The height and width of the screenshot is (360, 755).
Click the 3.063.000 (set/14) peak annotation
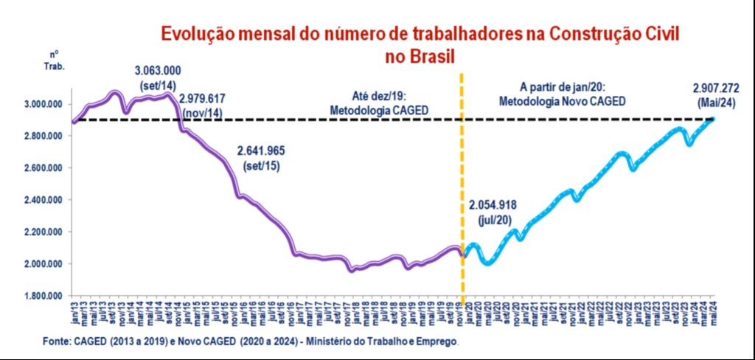158,77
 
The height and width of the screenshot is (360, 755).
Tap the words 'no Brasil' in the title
419,55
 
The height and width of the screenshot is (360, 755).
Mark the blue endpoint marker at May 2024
712,119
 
